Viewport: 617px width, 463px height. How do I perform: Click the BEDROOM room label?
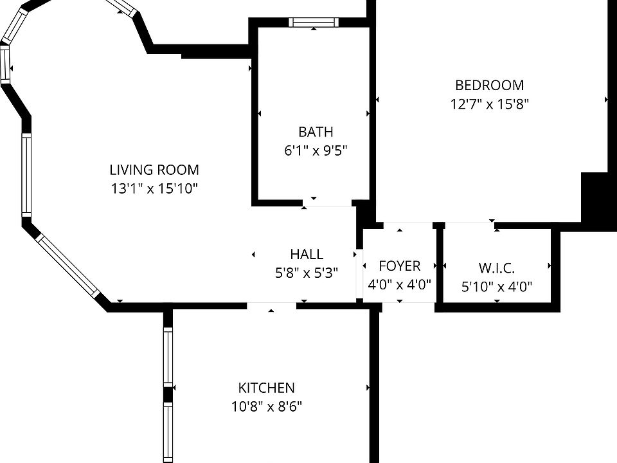point(489,85)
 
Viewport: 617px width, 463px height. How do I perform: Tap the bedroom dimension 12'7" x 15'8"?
point(489,104)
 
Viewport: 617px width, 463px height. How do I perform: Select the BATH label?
point(316,132)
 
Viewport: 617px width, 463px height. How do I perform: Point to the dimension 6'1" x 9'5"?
point(316,151)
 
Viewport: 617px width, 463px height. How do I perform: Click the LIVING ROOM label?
point(154,170)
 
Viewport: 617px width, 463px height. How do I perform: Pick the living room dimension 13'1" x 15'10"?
point(154,189)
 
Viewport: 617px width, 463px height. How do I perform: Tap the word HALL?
point(307,254)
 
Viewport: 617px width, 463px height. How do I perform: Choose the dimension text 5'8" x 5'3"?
point(307,273)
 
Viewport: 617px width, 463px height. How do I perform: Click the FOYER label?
point(399,266)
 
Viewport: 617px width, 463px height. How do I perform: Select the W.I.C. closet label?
point(497,268)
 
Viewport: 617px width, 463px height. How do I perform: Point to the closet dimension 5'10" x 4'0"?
point(497,287)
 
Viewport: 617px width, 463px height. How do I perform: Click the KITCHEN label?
point(266,388)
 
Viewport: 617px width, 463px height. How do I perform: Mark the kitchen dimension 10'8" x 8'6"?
point(266,406)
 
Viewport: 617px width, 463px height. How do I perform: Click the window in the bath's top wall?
point(314,23)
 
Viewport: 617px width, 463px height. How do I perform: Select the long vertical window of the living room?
point(26,175)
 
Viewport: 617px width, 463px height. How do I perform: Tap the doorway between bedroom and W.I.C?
point(469,223)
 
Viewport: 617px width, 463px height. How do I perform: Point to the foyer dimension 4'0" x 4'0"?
point(399,284)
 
